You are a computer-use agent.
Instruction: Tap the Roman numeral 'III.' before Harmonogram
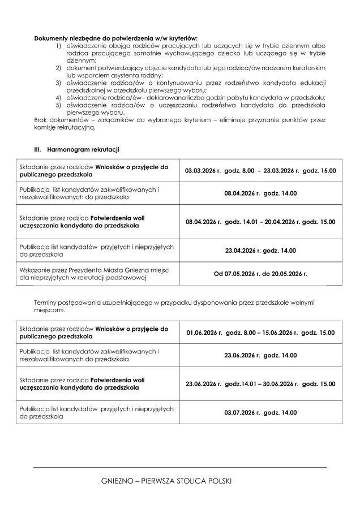(x=39, y=149)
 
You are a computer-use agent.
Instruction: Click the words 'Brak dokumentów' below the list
(x=55, y=120)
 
